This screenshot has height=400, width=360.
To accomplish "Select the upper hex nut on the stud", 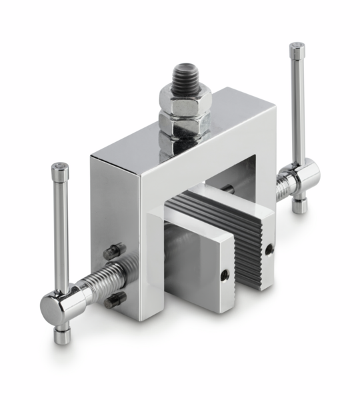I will click(184, 100).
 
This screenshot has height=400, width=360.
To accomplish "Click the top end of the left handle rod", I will click(60, 169).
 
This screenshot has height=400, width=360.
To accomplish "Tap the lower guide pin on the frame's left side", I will click(114, 300).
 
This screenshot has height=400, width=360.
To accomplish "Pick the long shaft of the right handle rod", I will click(298, 107).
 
